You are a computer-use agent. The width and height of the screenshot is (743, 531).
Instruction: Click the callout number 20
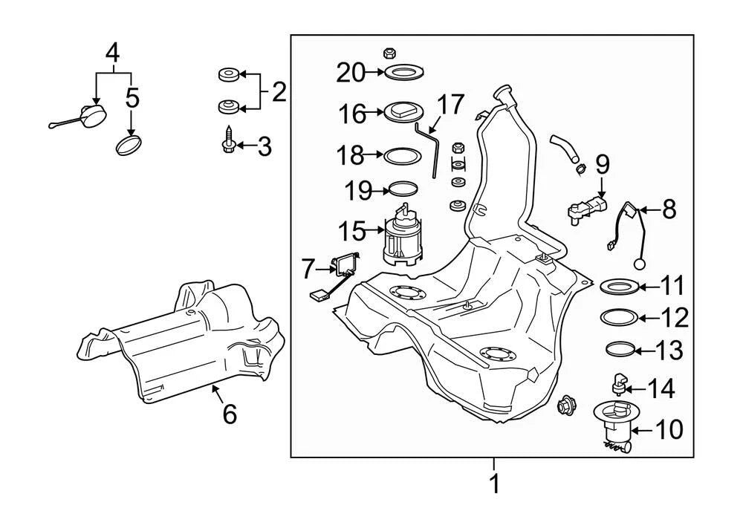tap(351, 73)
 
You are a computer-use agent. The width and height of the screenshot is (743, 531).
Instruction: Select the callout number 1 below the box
tap(494, 483)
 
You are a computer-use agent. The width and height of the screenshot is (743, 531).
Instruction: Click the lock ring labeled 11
tap(620, 287)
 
